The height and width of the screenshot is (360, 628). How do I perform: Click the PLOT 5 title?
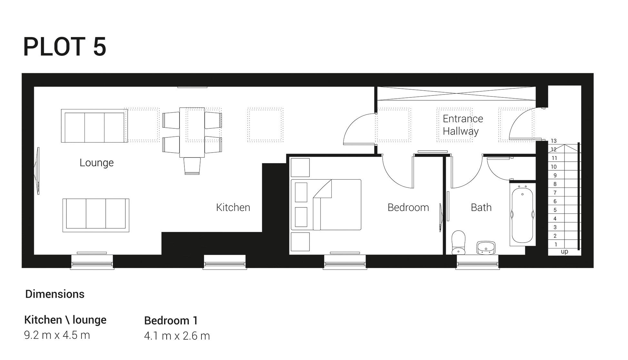tap(64, 47)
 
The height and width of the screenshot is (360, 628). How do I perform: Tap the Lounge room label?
tap(96, 163)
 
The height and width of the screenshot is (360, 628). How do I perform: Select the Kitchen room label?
tap(233, 207)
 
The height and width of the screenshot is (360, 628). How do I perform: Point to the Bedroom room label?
tap(408, 207)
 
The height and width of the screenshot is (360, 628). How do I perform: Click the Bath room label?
tap(481, 207)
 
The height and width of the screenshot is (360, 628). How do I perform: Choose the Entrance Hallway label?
tap(462, 125)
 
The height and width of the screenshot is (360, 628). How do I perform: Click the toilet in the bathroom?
tap(458, 242)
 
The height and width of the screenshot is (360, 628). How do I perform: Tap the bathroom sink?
tap(486, 247)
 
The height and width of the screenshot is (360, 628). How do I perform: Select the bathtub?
tap(522, 215)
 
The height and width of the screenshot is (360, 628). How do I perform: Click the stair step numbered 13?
tap(554, 141)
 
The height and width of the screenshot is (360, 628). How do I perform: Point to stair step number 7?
tap(555, 193)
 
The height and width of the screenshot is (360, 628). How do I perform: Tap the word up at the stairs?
tap(564, 252)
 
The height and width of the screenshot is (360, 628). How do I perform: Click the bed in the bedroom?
tap(326, 205)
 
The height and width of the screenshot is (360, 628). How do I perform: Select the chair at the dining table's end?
tap(192, 166)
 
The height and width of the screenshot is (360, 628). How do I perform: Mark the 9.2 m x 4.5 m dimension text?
tap(57, 335)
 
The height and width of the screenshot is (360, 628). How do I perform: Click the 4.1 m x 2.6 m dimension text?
tap(177, 336)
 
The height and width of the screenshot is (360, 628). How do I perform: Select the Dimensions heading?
tap(55, 294)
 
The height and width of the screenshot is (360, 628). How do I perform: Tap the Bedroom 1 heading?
tap(171, 321)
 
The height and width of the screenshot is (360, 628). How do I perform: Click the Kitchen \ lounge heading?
tap(65, 320)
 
